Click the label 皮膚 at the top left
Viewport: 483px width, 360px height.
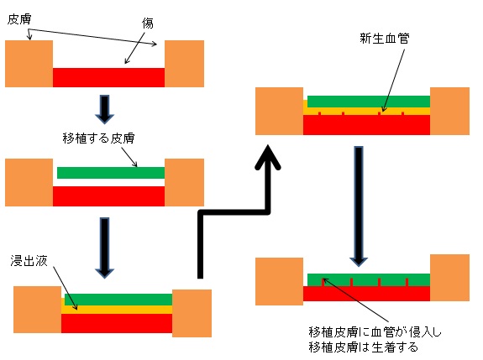click(19, 19)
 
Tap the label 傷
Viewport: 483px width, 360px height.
click(148, 23)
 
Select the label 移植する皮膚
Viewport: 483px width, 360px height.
click(98, 138)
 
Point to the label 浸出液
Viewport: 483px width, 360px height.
click(29, 261)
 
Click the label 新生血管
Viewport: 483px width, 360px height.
click(385, 39)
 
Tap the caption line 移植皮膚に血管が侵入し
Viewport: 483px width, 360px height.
click(375, 332)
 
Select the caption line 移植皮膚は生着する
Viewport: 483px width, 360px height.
click(364, 347)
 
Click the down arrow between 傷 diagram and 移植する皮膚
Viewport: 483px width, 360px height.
click(105, 110)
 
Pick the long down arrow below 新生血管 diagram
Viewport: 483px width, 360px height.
click(359, 206)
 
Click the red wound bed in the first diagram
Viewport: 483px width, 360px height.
click(108, 77)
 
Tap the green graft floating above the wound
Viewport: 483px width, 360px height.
click(111, 173)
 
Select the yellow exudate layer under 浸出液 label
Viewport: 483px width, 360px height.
click(117, 310)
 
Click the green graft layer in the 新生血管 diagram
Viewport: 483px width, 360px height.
click(369, 102)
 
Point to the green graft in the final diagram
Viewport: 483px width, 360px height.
click(369, 279)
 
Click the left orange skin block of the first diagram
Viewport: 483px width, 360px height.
click(29, 64)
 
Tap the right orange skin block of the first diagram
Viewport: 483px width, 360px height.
click(184, 64)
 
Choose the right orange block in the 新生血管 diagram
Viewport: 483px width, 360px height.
click(449, 111)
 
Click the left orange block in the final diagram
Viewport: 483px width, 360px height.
click(280, 282)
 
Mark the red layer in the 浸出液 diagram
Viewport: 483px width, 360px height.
click(117, 323)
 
